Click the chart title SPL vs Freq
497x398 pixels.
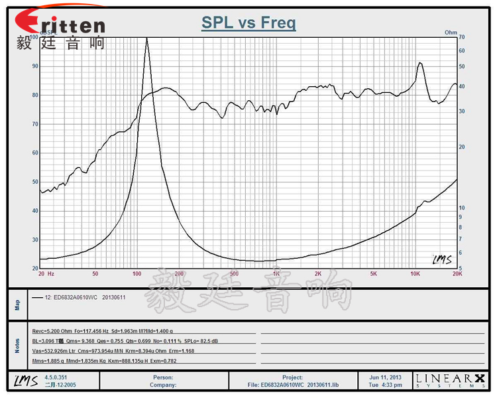248,24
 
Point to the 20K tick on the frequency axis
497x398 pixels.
457,273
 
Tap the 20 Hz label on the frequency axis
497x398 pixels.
46,273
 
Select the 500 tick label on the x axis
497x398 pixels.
233,273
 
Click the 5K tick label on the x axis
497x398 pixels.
374,273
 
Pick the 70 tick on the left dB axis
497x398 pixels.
34,124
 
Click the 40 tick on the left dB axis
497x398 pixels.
34,210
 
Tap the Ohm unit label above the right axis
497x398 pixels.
451,32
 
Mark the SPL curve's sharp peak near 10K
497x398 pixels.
419,63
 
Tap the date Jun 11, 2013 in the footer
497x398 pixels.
385,377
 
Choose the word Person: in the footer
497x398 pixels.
162,377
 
